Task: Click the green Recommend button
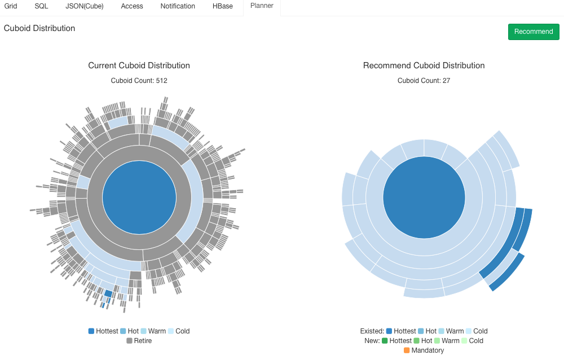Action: coord(534,32)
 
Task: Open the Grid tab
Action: coord(11,6)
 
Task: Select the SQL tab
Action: coord(41,6)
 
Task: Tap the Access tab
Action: coord(132,6)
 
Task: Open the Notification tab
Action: coord(178,6)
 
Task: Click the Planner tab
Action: coord(262,6)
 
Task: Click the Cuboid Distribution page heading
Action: coord(39,28)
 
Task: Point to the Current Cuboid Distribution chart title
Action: coord(139,65)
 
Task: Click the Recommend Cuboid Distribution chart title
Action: coord(424,65)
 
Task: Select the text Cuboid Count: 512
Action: coord(139,81)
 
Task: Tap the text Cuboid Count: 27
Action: coord(424,81)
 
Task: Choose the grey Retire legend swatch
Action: coord(130,341)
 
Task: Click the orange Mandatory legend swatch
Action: coord(407,350)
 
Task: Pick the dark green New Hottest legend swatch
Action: coord(385,341)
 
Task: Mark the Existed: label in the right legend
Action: coord(372,331)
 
